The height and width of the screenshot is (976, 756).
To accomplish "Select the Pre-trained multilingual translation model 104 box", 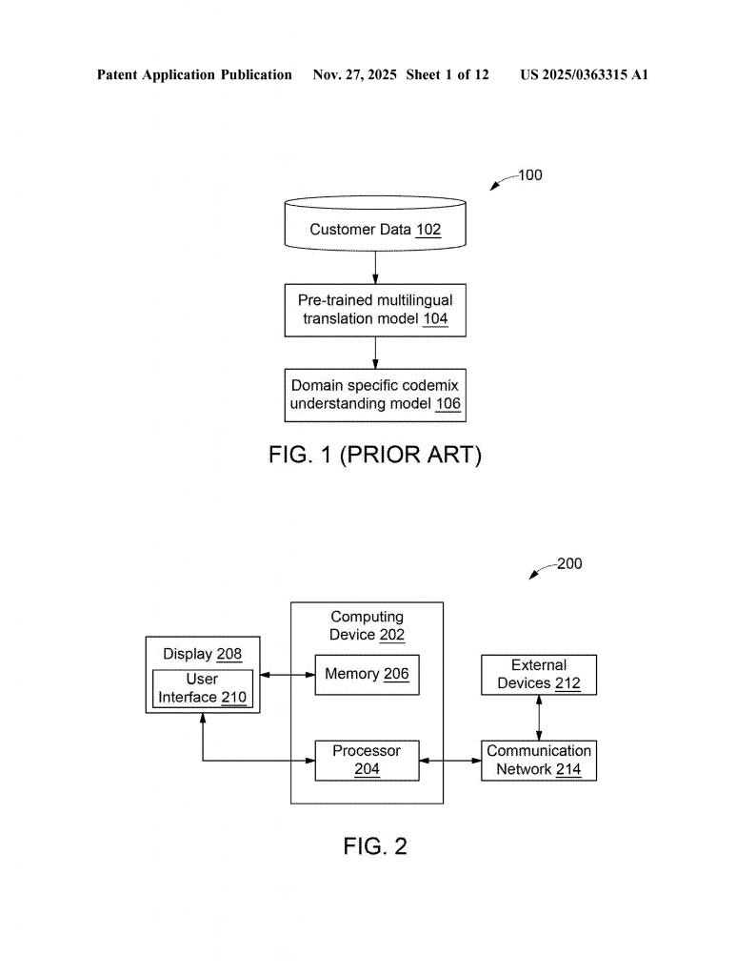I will coord(375,310).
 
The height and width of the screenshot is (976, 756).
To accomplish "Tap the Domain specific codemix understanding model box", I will coord(375,395).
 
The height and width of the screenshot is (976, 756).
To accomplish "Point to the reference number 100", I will coord(529,175).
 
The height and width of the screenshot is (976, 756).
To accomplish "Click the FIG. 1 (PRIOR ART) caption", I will coord(375,456).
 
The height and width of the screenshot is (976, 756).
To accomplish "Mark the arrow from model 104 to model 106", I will coord(375,352).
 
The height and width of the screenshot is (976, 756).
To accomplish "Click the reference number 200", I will coord(568,564).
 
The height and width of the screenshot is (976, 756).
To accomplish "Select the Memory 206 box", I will coord(367,675).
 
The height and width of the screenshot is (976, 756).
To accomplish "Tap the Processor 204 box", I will coord(367,760).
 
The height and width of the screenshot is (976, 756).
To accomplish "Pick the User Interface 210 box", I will coord(202,688).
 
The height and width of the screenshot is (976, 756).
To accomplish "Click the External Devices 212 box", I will coord(539,674).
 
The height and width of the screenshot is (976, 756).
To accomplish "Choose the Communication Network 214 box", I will coord(539,760).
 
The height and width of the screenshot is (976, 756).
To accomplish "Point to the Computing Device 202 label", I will coord(367,626).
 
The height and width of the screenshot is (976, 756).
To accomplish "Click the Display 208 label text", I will coord(202,655).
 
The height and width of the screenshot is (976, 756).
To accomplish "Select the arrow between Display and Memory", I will coord(287,675).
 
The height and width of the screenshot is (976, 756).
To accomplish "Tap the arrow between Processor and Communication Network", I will coord(450,760).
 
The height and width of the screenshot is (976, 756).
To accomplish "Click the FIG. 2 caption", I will coord(375,845).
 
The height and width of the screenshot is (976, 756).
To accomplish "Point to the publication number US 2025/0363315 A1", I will coord(584,74).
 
